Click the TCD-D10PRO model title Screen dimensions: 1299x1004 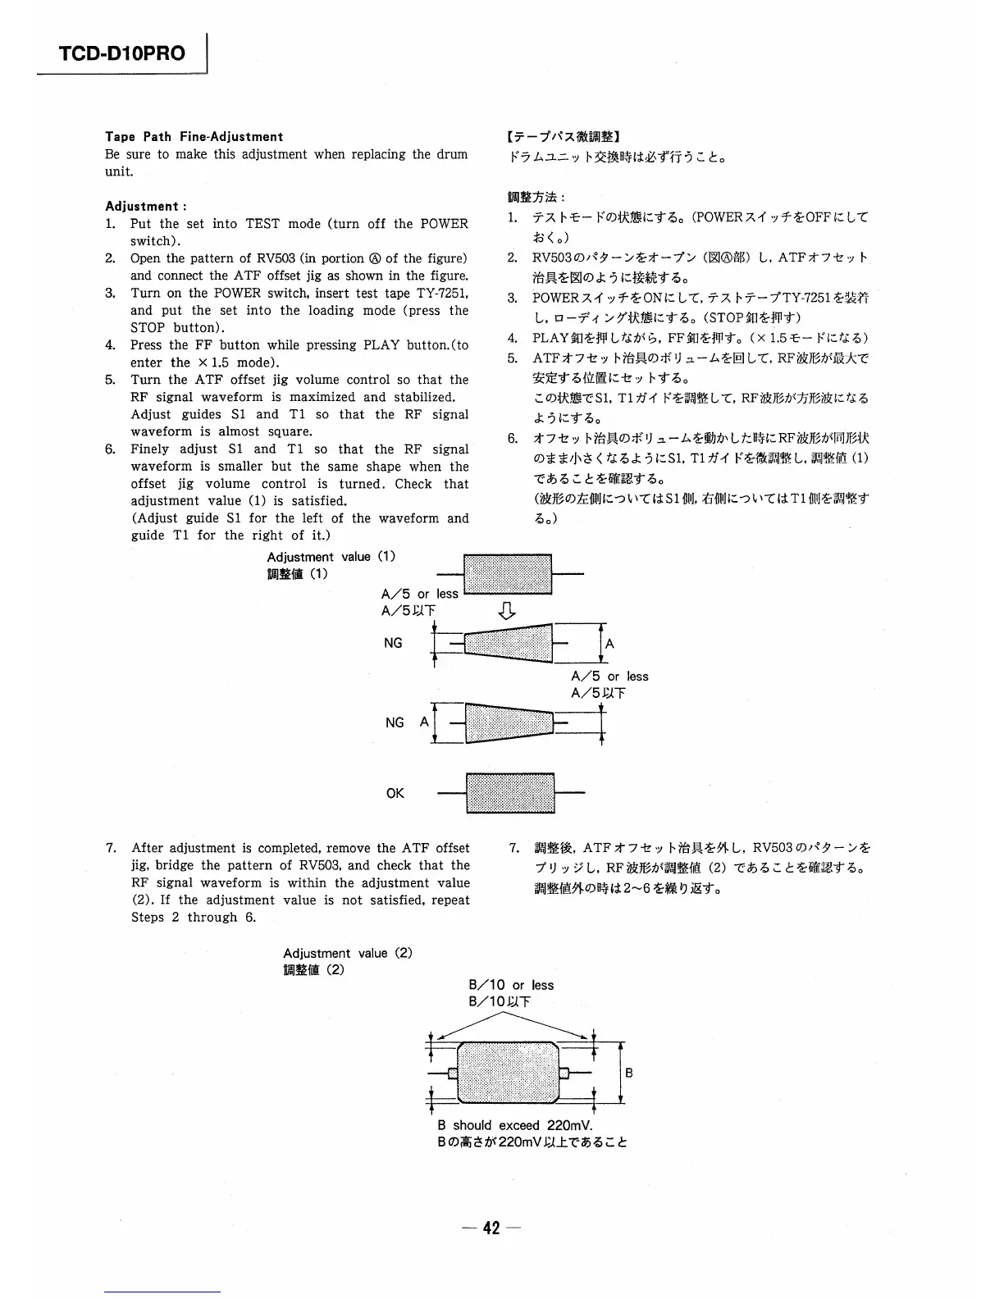coord(122,54)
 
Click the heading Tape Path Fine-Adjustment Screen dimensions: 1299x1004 coord(194,137)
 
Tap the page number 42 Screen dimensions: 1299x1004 coord(491,1228)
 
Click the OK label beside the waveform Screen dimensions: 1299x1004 coord(395,794)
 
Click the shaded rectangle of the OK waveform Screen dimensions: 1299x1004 coord(510,793)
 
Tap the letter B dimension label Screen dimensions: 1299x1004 coord(629,1073)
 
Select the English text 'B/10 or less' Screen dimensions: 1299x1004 coord(511,985)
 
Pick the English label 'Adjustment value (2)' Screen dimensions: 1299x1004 coord(348,953)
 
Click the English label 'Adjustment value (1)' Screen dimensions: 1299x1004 coord(331,557)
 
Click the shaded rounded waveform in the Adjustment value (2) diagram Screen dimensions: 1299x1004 coord(509,1073)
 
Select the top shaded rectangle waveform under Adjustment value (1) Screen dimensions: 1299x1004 coord(508,574)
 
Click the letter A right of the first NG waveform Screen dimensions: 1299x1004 coord(609,644)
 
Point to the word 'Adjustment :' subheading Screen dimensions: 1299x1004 coord(146,207)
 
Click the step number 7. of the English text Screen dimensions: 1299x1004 coord(112,848)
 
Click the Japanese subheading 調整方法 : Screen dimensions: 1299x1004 coord(536,198)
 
